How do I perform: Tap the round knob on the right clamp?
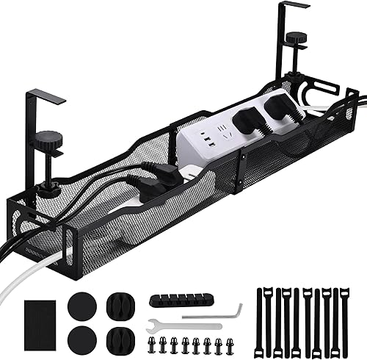(x=295, y=37)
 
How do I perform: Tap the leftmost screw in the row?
(x=155, y=342)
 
